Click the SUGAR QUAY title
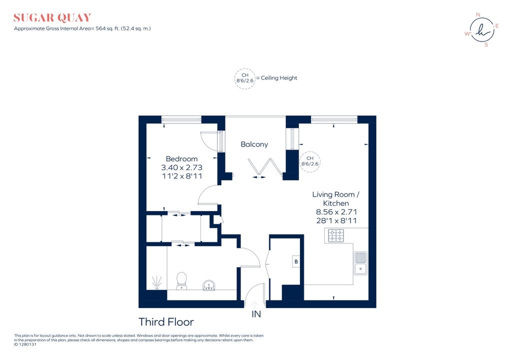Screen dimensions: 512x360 click(x=52, y=17)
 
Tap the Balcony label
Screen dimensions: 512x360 click(x=254, y=144)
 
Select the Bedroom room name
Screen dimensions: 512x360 click(x=181, y=159)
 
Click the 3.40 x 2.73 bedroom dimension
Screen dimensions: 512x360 click(x=181, y=167)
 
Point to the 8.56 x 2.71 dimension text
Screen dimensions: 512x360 click(x=336, y=212)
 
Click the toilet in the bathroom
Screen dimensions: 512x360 click(x=181, y=281)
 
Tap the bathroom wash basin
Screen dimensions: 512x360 click(x=209, y=285)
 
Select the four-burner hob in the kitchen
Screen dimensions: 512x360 click(x=336, y=235)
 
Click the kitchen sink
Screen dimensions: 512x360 click(x=360, y=263)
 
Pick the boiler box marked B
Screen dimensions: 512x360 click(x=296, y=261)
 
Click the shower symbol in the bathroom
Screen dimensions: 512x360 click(x=157, y=283)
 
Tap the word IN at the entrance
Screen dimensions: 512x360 click(x=256, y=314)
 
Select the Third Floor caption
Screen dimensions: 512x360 click(x=166, y=322)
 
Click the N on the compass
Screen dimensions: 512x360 click(x=478, y=14)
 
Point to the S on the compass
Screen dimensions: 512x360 click(x=486, y=45)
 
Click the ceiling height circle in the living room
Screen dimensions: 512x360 click(x=310, y=161)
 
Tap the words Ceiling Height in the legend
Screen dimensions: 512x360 click(x=279, y=78)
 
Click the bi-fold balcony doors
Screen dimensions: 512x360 click(x=265, y=167)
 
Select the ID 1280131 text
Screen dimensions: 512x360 click(x=25, y=344)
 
